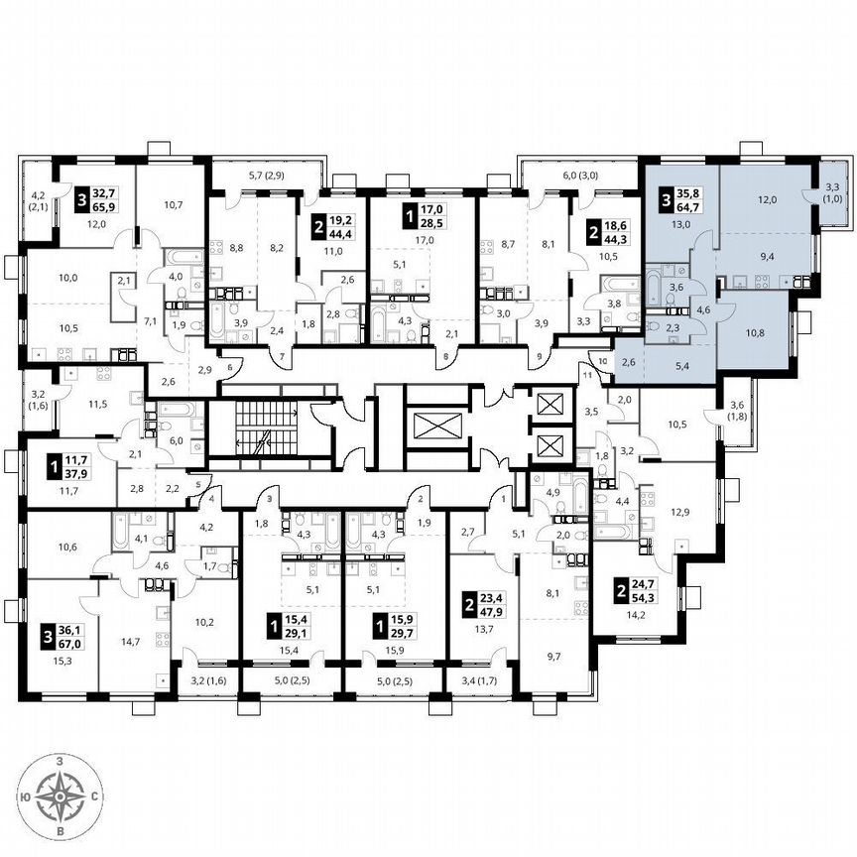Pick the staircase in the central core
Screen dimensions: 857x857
coord(266,429)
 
